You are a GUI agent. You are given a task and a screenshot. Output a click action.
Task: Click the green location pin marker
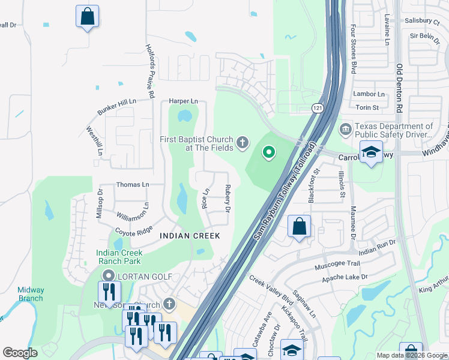(x=268, y=154)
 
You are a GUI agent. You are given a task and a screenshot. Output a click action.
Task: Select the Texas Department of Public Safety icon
(x=345, y=129)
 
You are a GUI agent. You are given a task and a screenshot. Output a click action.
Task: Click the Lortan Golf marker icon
(x=108, y=276)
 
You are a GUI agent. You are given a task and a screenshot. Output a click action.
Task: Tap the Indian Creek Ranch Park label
(x=119, y=257)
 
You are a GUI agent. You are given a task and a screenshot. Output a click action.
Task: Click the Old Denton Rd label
(x=399, y=88)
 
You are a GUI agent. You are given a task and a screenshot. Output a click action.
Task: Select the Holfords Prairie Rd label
(x=150, y=71)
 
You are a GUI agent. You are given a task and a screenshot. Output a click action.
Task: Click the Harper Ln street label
(x=183, y=101)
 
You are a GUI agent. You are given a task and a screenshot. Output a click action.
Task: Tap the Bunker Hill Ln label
(x=116, y=107)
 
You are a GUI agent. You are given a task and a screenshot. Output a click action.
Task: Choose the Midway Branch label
(x=30, y=294)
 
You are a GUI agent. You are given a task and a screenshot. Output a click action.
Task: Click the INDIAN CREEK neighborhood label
(x=190, y=236)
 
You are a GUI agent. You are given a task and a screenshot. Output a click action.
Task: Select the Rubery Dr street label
(x=228, y=199)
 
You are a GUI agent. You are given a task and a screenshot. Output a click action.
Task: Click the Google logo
(x=20, y=353)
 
